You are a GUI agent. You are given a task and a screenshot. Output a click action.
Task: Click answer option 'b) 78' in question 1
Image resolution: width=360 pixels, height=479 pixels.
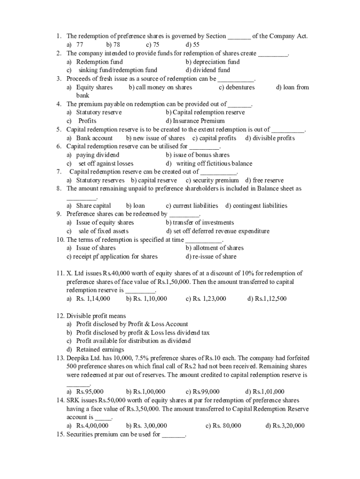coord(113,45)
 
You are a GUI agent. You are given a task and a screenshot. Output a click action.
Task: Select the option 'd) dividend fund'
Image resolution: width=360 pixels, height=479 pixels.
coord(208,70)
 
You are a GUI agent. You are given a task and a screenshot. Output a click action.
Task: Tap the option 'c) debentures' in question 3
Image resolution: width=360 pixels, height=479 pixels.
coord(237,87)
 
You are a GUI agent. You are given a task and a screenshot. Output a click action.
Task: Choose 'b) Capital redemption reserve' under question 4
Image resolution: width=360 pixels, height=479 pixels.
coord(205,112)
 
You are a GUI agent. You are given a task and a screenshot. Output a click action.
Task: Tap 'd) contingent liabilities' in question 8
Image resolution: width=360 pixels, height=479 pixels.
coord(256,205)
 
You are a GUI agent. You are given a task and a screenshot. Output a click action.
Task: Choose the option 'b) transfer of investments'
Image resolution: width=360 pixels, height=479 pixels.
coord(200,223)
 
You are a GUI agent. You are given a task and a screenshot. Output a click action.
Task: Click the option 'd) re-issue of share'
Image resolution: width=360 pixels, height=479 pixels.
coord(211,256)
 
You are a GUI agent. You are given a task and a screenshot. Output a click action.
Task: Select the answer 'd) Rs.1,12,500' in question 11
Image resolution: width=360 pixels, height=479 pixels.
coord(266,298)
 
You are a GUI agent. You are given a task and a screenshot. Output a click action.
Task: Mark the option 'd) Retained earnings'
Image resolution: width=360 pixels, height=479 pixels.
coord(95,349)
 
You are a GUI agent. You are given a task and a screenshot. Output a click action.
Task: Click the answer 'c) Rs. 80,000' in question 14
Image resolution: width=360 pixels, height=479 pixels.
coord(223,425)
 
